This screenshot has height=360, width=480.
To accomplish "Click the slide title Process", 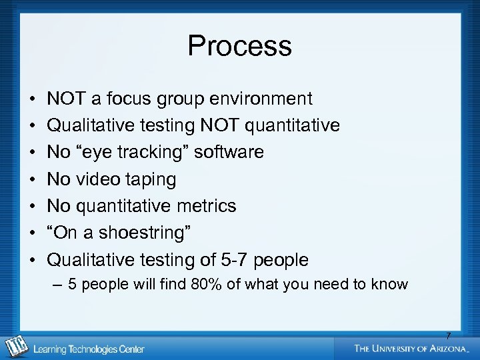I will (x=239, y=46).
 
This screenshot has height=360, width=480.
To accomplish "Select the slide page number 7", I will (x=448, y=336).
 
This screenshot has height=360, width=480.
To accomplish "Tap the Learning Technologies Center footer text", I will (x=89, y=349).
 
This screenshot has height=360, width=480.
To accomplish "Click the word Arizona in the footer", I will (x=447, y=348).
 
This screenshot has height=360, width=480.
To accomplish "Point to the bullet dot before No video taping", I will (x=33, y=180).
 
